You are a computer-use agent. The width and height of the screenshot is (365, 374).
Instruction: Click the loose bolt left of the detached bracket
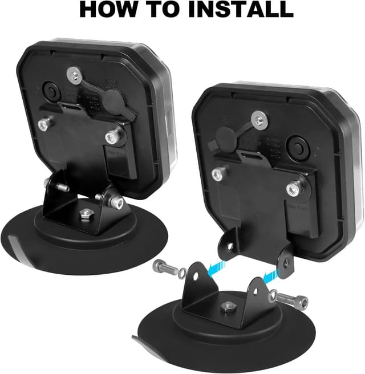point(164,267)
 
